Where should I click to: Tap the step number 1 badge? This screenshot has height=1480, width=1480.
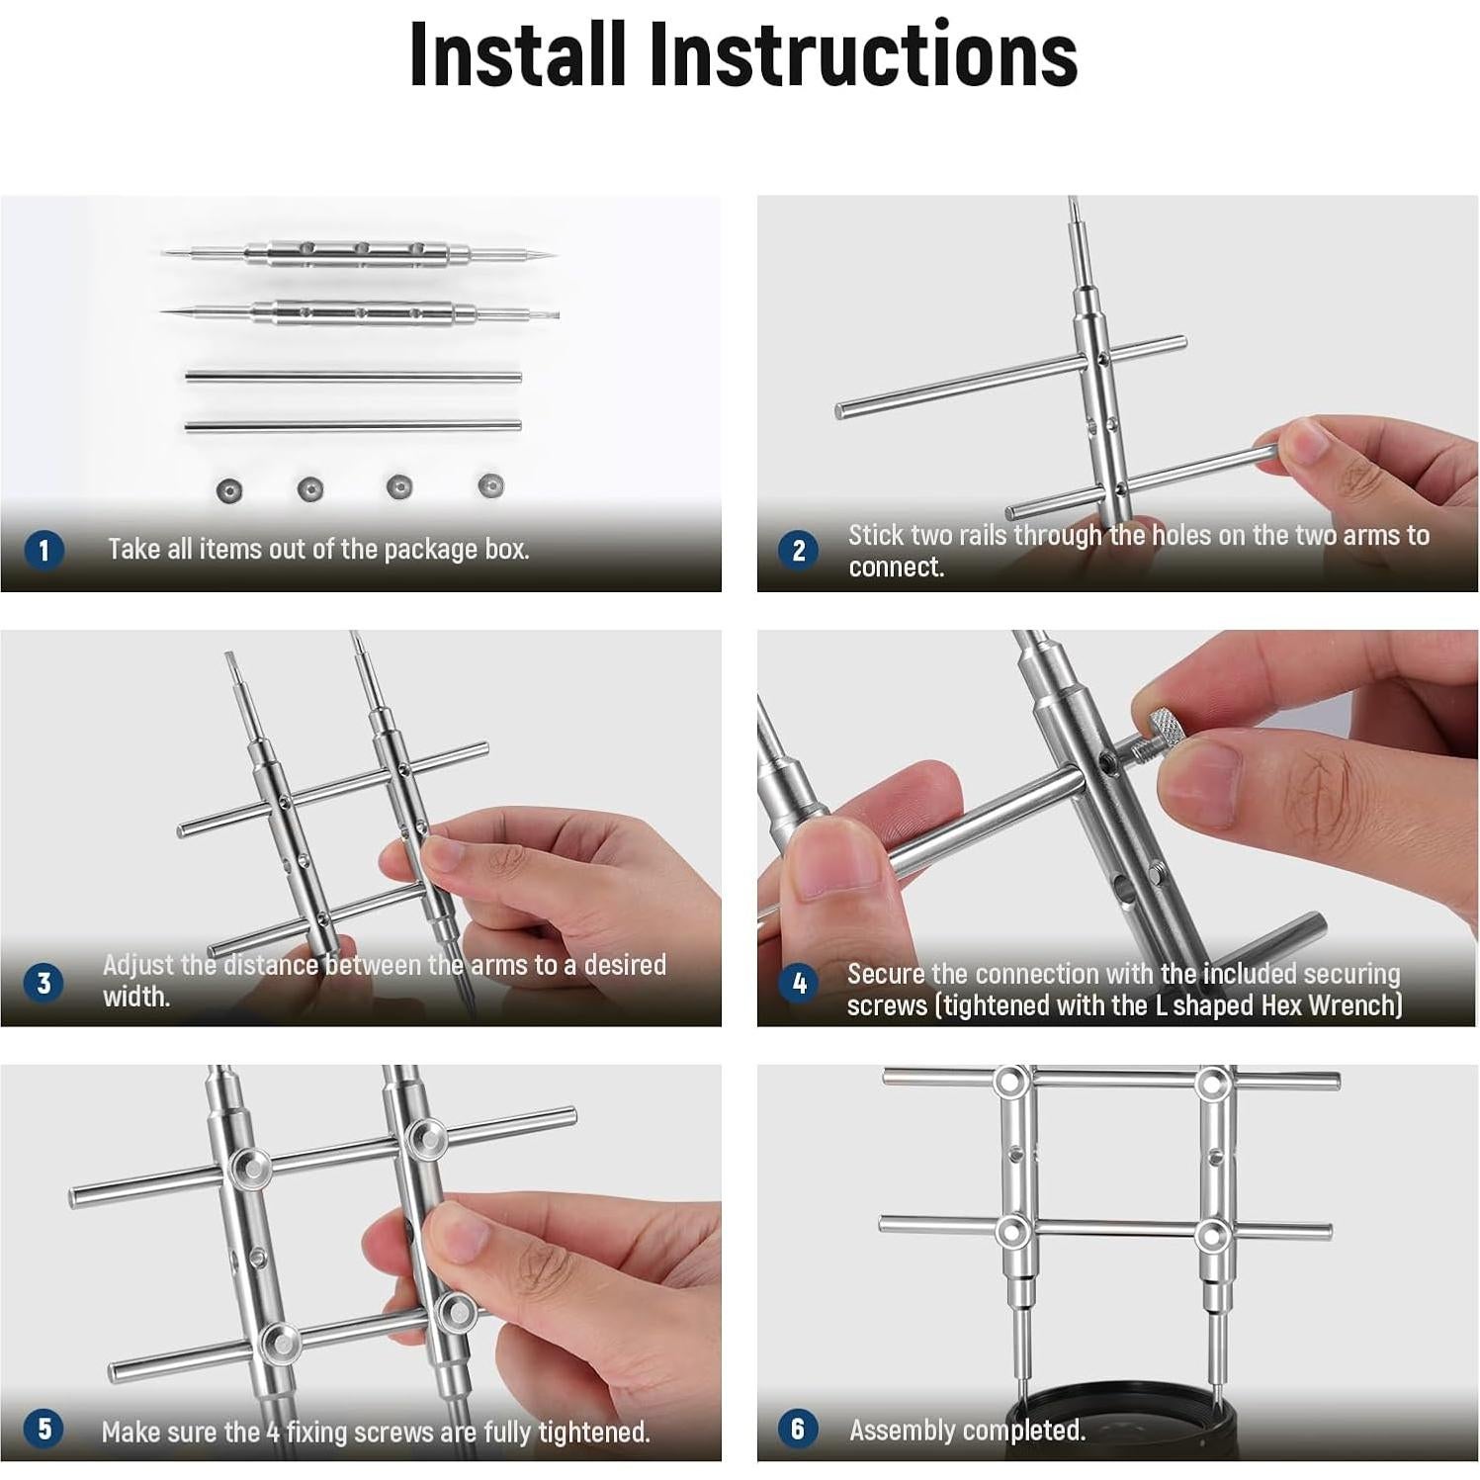click(x=43, y=550)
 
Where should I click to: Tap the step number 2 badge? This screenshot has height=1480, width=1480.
click(x=799, y=550)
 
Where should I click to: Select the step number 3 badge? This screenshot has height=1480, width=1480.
click(x=43, y=984)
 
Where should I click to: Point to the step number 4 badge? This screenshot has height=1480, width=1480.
click(x=799, y=984)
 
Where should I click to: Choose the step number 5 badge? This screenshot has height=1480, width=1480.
click(x=43, y=1429)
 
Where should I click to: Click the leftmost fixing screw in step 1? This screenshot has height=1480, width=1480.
click(x=229, y=489)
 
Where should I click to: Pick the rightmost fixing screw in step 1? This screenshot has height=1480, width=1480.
click(x=491, y=485)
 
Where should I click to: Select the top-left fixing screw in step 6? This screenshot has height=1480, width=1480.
click(x=1008, y=1083)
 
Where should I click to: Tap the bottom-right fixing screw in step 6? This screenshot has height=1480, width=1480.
click(x=1211, y=1235)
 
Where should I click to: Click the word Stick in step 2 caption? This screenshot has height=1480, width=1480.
click(x=875, y=535)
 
